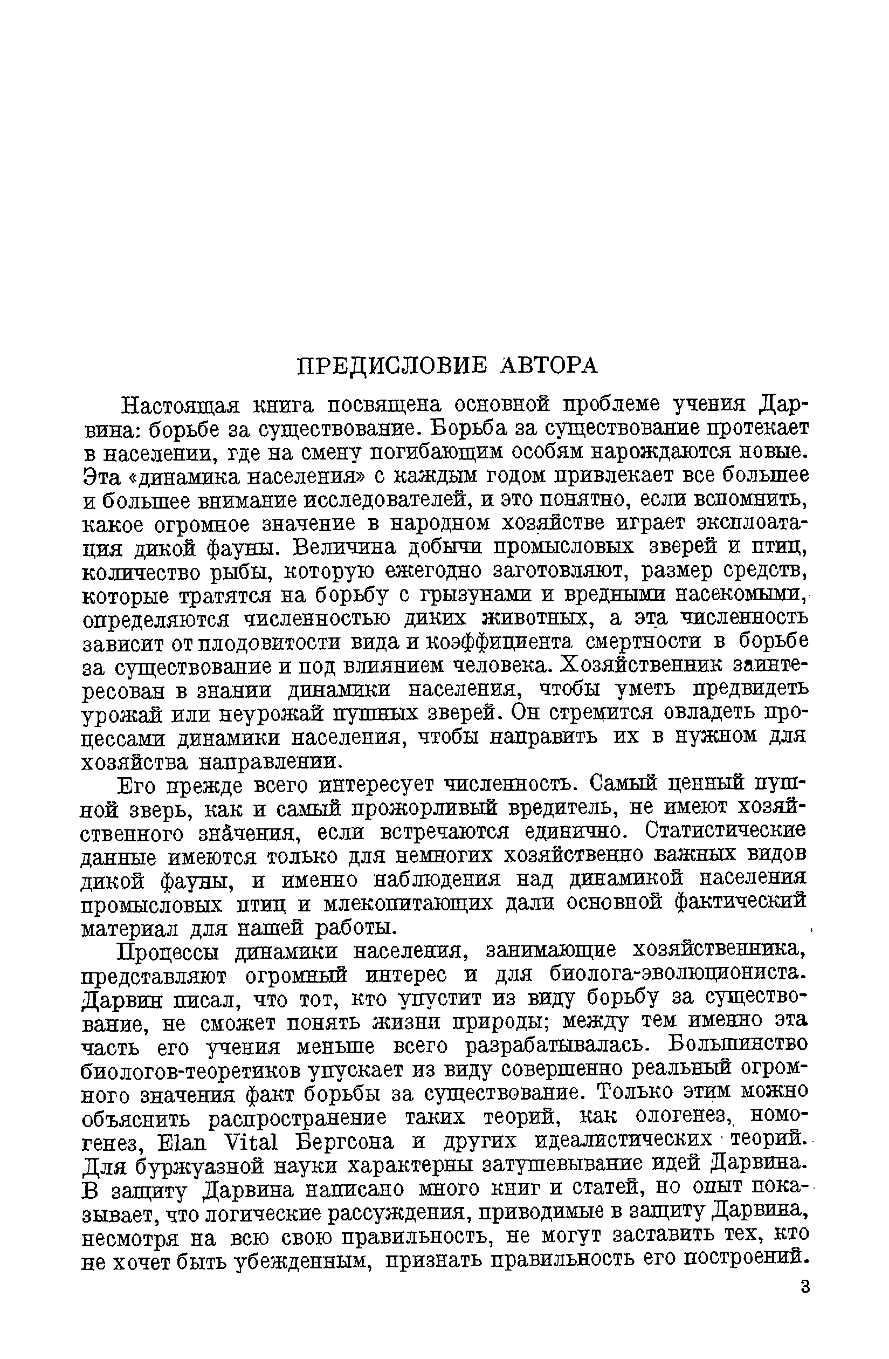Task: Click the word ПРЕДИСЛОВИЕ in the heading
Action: point(394,366)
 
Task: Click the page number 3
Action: point(805,1287)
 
